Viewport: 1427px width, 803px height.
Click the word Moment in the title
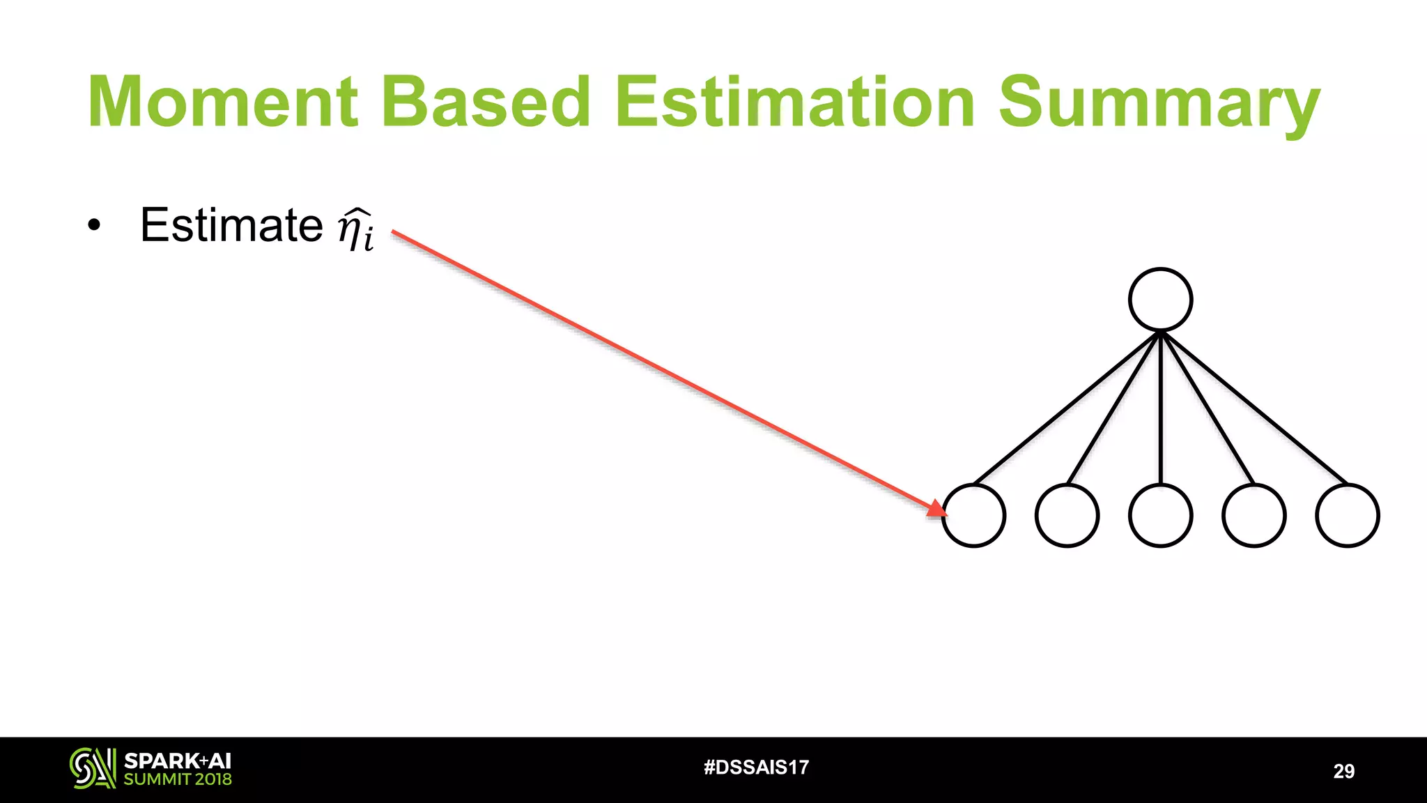pyautogui.click(x=223, y=102)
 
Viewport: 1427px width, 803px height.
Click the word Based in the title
pyautogui.click(x=486, y=102)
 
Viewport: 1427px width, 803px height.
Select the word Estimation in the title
pyautogui.click(x=794, y=102)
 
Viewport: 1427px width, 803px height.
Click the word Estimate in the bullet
pyautogui.click(x=231, y=225)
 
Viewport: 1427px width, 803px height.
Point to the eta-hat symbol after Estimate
pyautogui.click(x=355, y=229)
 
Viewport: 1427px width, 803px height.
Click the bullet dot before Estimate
pyautogui.click(x=94, y=226)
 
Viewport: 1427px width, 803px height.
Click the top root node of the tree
pyautogui.click(x=1160, y=299)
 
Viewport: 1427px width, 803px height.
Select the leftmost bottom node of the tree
pyautogui.click(x=973, y=516)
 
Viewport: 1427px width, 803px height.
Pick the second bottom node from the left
pyautogui.click(x=1067, y=516)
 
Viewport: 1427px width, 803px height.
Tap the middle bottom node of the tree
pyautogui.click(x=1160, y=516)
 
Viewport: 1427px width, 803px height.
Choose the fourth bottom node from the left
pyautogui.click(x=1254, y=516)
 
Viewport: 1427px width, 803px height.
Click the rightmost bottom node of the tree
pyautogui.click(x=1347, y=516)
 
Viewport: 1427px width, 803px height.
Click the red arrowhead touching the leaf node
pyautogui.click(x=937, y=508)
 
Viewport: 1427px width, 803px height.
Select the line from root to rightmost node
pyautogui.click(x=1254, y=408)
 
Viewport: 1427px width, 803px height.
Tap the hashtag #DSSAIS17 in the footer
pyautogui.click(x=756, y=767)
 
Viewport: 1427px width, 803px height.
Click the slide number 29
pyautogui.click(x=1343, y=771)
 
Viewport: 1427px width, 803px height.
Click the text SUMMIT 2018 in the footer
pyautogui.click(x=178, y=779)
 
